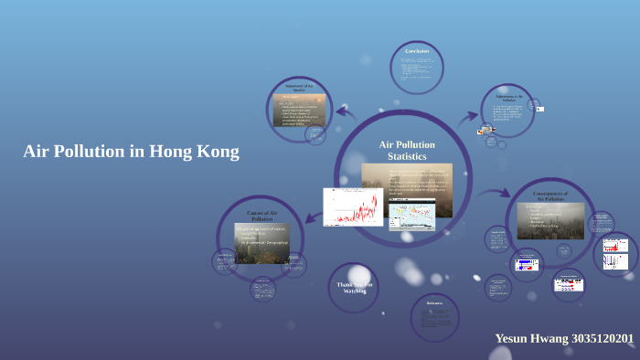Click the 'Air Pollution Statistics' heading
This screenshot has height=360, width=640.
pyautogui.click(x=407, y=151)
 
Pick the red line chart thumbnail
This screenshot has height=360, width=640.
pyautogui.click(x=353, y=207)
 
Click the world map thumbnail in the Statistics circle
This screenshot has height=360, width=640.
pyautogui.click(x=412, y=215)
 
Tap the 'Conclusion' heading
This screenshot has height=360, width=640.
pyautogui.click(x=418, y=50)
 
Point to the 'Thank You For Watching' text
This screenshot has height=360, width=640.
pyautogui.click(x=354, y=287)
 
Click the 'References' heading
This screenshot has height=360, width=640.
pyautogui.click(x=434, y=303)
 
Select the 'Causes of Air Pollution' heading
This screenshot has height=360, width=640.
pyautogui.click(x=261, y=216)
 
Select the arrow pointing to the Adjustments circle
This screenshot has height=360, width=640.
pyautogui.click(x=469, y=116)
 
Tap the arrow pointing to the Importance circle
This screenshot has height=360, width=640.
pyautogui.click(x=346, y=112)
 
